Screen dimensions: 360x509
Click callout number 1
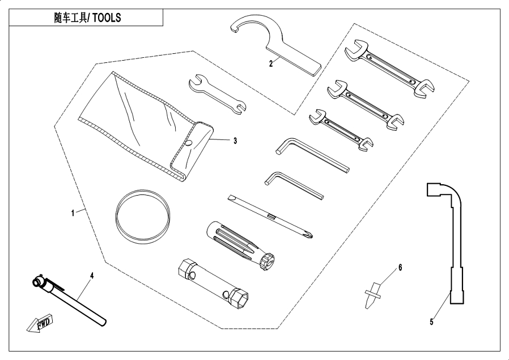pos(73,213)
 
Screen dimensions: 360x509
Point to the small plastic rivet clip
pos(371,293)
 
